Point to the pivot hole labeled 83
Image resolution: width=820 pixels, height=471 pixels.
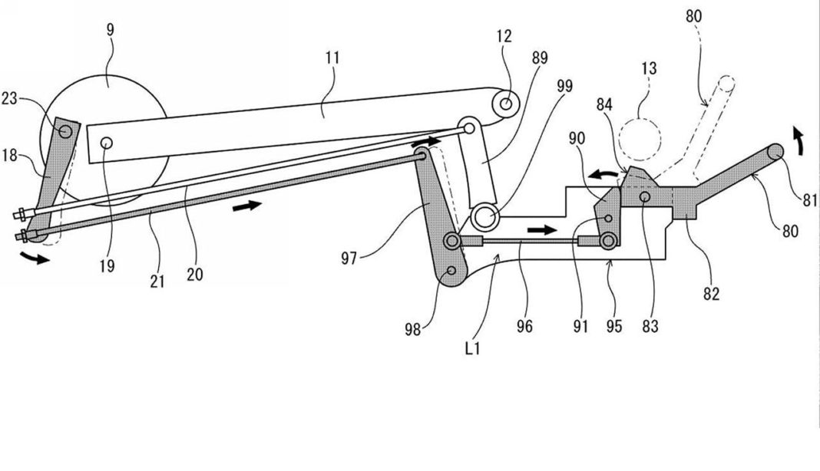point(644,197)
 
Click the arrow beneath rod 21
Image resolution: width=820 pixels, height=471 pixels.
point(250,206)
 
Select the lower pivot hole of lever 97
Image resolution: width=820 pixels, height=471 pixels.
point(451,271)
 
